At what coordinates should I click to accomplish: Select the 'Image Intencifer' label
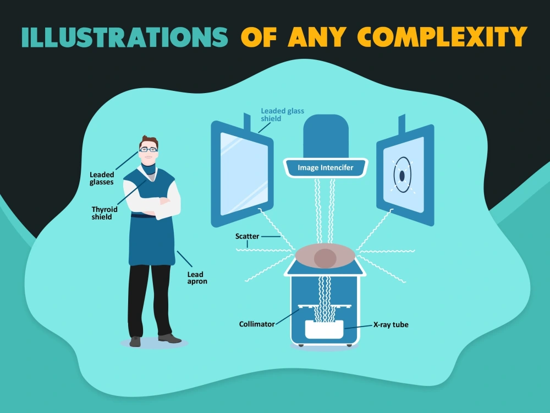click(x=326, y=168)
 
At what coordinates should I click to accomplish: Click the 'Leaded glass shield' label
click(x=282, y=115)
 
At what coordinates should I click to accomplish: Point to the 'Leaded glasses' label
click(x=102, y=178)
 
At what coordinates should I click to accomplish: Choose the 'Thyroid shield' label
click(x=104, y=213)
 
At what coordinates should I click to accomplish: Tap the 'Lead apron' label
click(x=197, y=278)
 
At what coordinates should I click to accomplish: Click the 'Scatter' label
click(x=248, y=236)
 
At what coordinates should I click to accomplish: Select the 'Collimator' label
click(x=257, y=324)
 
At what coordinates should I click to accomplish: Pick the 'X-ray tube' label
click(x=391, y=324)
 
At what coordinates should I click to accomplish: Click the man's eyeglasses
click(x=148, y=150)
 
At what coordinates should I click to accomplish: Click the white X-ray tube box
click(x=324, y=329)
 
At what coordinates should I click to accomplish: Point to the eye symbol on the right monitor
click(x=402, y=175)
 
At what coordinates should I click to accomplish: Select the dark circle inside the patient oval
click(x=325, y=258)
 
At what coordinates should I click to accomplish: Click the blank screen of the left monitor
click(x=244, y=174)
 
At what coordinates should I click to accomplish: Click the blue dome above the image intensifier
click(x=326, y=136)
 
